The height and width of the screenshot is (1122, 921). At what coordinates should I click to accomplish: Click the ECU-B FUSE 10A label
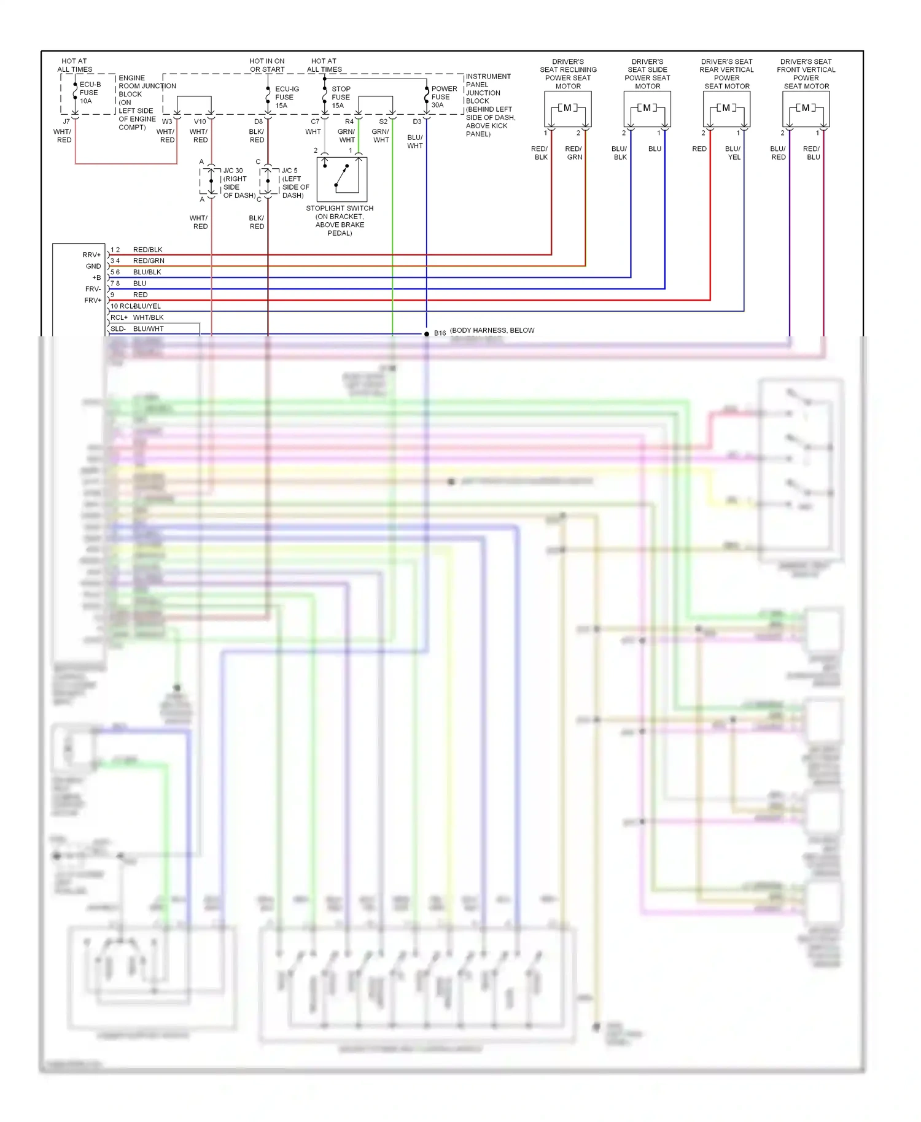[x=89, y=93]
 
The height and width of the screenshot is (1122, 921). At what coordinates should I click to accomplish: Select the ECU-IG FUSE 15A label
[x=286, y=97]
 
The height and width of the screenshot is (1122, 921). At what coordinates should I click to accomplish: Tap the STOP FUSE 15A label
[x=340, y=97]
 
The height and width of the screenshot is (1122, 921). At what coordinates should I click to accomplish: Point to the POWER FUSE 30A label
[x=443, y=97]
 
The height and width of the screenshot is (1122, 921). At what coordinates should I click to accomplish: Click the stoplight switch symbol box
[x=341, y=179]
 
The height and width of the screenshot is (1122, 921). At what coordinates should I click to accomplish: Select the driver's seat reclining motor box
[x=567, y=109]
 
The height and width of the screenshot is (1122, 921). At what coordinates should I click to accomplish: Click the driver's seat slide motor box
[x=647, y=109]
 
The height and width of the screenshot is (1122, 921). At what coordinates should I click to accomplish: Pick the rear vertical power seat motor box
[x=726, y=109]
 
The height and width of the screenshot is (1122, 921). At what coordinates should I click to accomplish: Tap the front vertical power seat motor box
[x=806, y=109]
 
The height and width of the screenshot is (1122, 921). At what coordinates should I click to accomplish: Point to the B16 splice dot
[x=427, y=334]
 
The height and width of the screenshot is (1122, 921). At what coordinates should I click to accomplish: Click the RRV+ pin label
[x=91, y=255]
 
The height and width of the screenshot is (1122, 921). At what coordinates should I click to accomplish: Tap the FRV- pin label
[x=93, y=289]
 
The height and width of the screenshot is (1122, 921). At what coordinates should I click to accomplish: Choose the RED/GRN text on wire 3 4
[x=149, y=261]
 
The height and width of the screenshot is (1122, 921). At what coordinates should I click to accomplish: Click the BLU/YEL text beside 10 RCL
[x=147, y=306]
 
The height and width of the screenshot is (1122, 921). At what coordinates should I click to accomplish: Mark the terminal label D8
[x=258, y=122]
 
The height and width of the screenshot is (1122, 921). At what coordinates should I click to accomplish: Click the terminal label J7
[x=66, y=122]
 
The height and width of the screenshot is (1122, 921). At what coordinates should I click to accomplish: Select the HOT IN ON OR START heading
[x=267, y=65]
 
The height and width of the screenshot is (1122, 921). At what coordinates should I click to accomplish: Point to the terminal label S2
[x=383, y=122]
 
